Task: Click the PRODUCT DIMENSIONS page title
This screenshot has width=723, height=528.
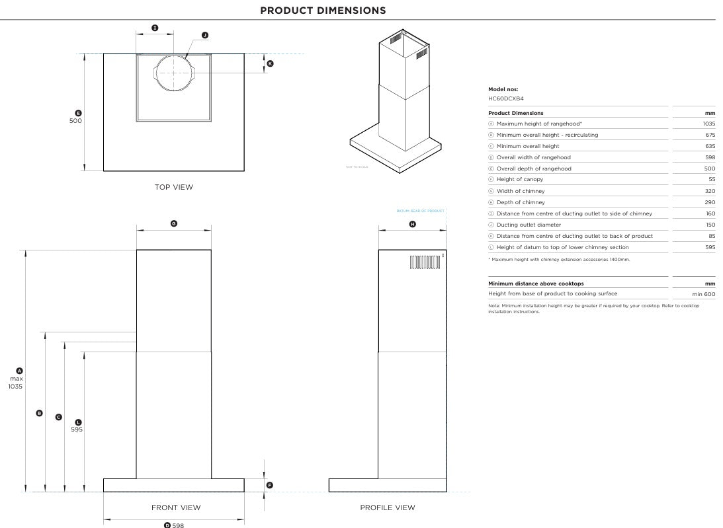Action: point(323,11)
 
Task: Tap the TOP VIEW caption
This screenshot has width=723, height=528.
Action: point(174,187)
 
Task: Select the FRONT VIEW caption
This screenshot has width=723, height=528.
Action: point(176,508)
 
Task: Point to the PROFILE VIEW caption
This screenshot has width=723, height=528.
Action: point(388,508)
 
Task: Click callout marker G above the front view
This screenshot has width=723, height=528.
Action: point(174,224)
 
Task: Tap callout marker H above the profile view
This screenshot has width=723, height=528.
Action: point(413,224)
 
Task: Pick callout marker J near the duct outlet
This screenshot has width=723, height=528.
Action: point(204,35)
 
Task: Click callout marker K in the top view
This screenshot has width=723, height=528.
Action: point(270,63)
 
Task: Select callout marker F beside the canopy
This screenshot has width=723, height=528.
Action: point(269,485)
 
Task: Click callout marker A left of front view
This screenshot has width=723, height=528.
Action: point(19,371)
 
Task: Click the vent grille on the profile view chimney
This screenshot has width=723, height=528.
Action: point(425,262)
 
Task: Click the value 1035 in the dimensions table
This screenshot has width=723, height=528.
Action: point(709,124)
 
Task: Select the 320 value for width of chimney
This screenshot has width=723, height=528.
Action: point(710,191)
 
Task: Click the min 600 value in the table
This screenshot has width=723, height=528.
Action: point(704,294)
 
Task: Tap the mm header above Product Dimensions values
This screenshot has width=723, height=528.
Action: point(710,113)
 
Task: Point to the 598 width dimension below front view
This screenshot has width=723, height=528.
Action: point(178,525)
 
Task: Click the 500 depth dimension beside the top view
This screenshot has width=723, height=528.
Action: point(76,121)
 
